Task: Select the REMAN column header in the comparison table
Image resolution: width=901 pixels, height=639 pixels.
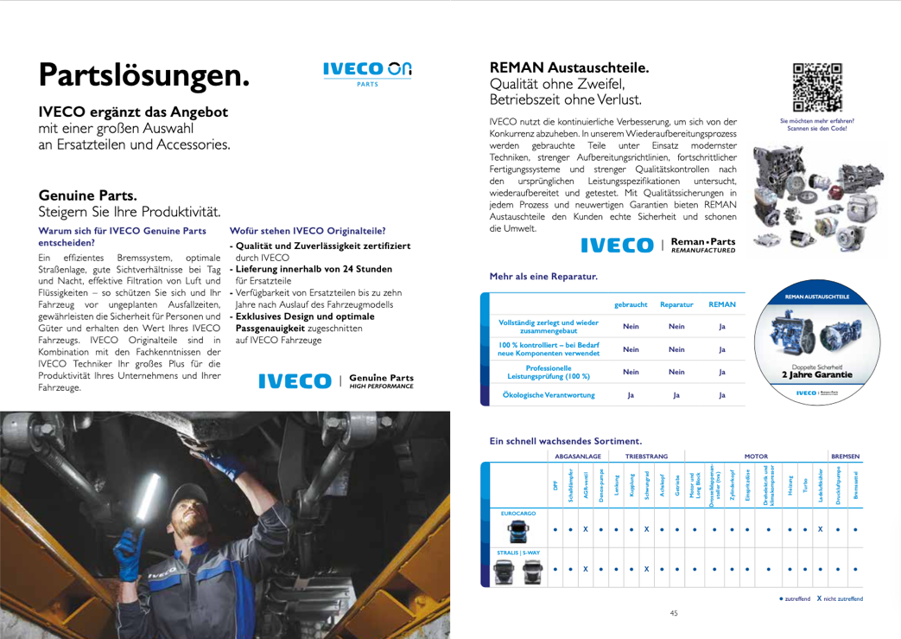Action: (x=721, y=305)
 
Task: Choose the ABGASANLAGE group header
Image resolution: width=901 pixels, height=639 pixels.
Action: (x=578, y=454)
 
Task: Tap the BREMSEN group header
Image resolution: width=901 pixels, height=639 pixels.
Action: (x=845, y=454)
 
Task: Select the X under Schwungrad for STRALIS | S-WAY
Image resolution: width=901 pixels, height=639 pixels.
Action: (x=646, y=568)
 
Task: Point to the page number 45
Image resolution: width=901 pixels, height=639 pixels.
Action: (x=674, y=613)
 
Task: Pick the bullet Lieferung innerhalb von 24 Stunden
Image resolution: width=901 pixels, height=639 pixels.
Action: (x=311, y=268)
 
